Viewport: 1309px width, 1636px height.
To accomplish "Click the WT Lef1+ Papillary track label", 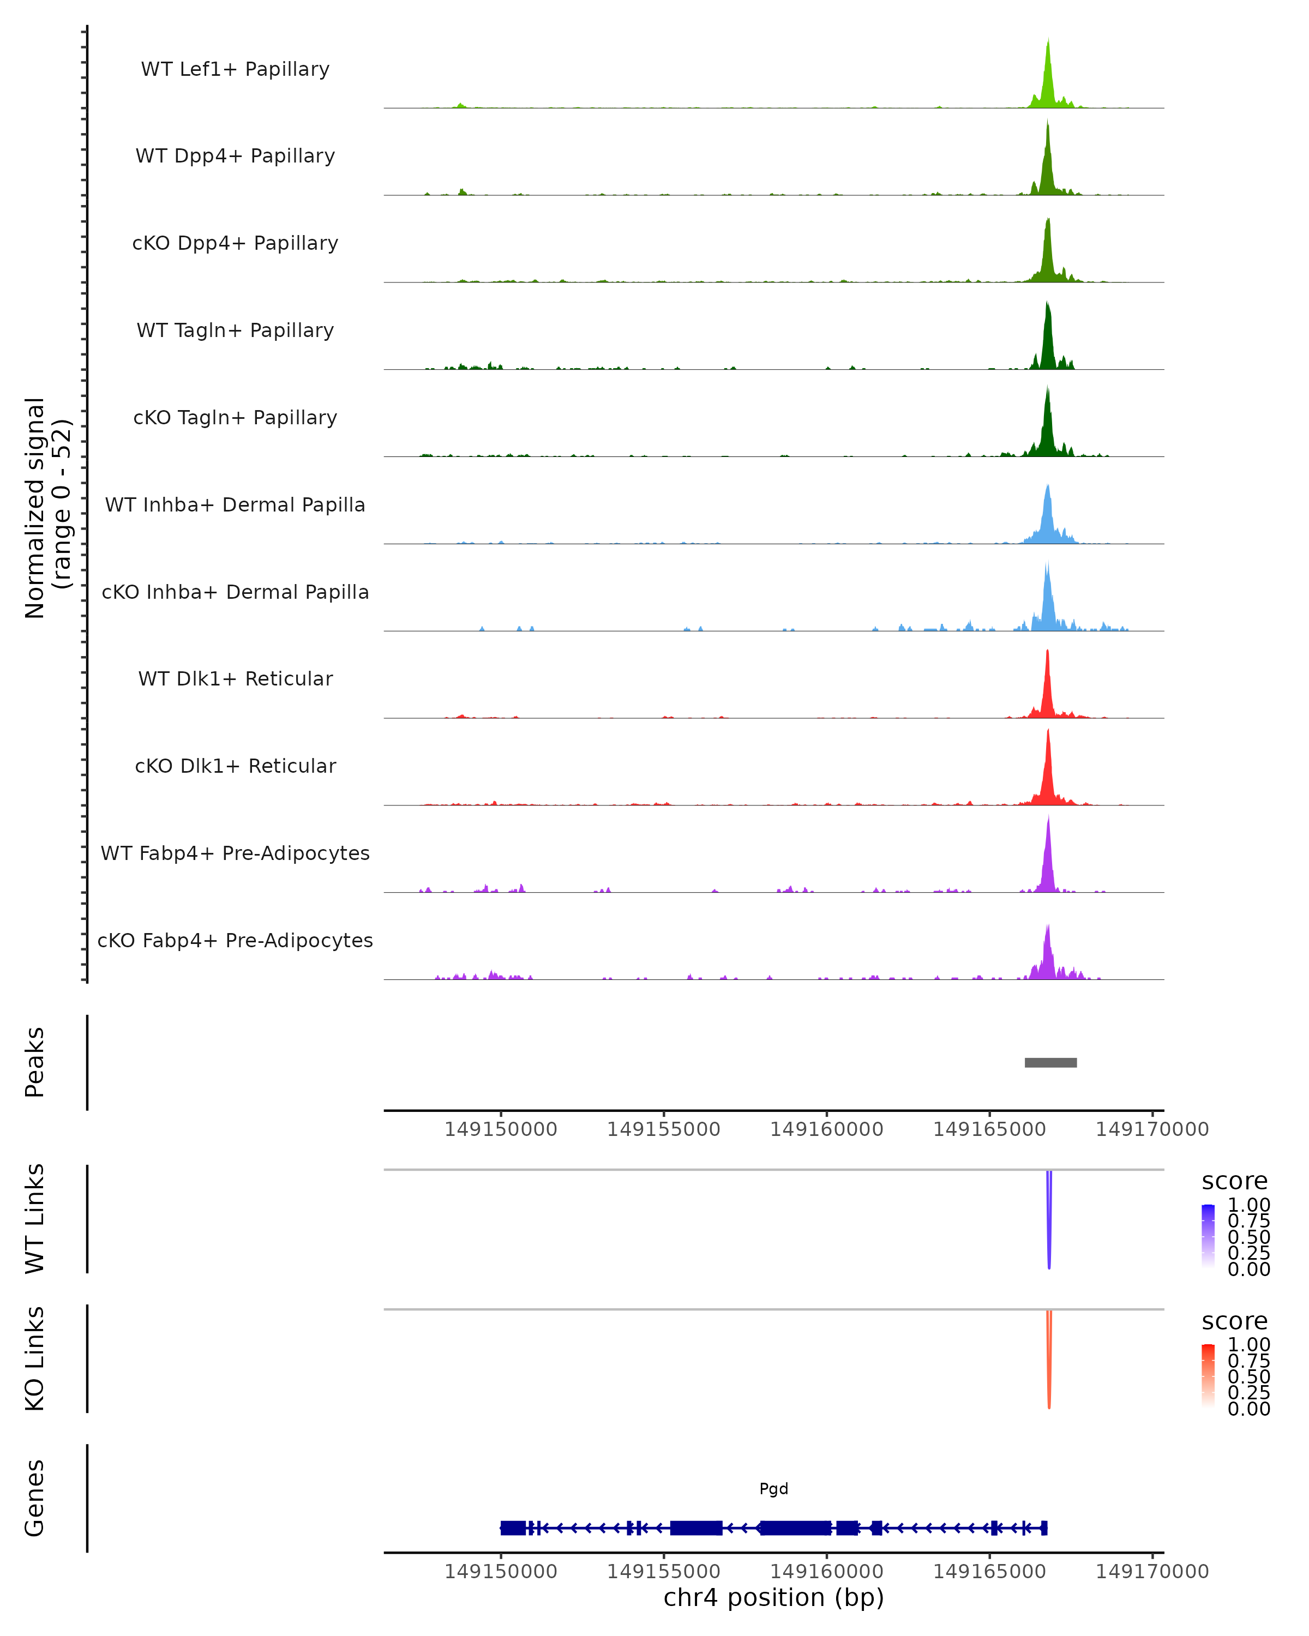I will pos(235,69).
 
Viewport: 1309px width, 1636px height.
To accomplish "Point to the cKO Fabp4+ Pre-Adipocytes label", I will pos(235,940).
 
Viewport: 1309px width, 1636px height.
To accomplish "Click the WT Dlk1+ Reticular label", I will pos(235,678).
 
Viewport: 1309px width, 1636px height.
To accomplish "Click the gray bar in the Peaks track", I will pos(1050,1062).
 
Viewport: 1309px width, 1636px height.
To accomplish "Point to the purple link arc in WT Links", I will pos(1049,1222).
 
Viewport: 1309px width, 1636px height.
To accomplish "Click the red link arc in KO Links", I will pos(1049,1362).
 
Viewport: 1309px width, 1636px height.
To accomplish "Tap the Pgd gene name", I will pos(773,1489).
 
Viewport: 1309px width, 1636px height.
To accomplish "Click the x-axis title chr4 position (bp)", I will pos(773,1597).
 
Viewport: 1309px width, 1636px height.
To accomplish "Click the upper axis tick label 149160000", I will pos(826,1129).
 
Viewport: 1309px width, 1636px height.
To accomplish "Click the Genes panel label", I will pos(34,1498).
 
